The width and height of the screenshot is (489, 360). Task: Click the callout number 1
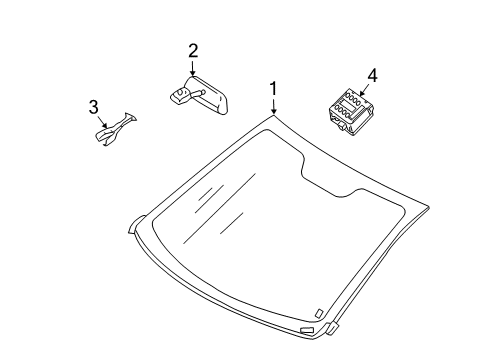point(273,88)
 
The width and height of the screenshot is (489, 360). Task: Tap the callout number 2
point(193,51)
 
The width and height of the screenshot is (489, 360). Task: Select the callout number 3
point(94,107)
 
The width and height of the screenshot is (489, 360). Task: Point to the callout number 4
point(372,76)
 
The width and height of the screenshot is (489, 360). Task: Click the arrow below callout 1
point(274,107)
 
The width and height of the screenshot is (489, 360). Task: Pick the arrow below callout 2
point(193,68)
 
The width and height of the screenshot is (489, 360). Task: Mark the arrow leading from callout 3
point(103,122)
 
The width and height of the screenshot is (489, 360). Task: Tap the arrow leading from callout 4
point(364,90)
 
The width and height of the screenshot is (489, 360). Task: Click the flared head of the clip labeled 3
point(130,117)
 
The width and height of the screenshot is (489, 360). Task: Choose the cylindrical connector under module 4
point(343,126)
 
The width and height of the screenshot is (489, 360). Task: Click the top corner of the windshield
point(274,115)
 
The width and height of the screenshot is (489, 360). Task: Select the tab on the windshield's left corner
point(137,224)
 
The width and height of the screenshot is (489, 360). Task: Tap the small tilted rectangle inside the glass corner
point(319,312)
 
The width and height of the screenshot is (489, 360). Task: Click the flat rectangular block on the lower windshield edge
point(306,330)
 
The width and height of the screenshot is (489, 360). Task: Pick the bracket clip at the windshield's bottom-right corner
point(333,328)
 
